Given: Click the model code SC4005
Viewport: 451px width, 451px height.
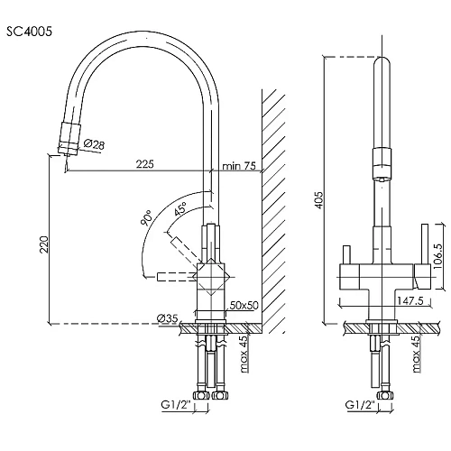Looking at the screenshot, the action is (x=29, y=32).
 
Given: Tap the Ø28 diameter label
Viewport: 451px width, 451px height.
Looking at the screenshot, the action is (x=94, y=144).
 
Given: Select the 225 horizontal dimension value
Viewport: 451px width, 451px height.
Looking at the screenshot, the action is (x=145, y=164).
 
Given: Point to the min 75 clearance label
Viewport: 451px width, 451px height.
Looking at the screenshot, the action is (x=239, y=166).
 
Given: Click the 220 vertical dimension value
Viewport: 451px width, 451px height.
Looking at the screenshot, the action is (x=44, y=244).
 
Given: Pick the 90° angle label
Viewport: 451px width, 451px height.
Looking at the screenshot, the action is (x=147, y=217).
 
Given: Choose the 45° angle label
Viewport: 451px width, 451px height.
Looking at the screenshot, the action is (x=180, y=208).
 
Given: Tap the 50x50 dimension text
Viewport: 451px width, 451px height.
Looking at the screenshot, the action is (x=244, y=306).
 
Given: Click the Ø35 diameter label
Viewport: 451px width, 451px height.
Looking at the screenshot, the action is (x=168, y=318).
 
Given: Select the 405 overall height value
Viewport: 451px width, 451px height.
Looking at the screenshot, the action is (x=319, y=199).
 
